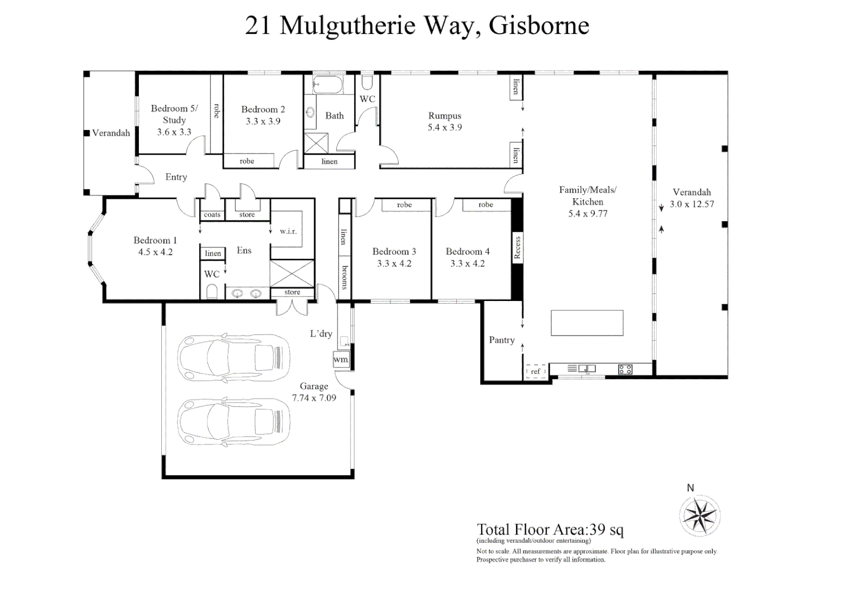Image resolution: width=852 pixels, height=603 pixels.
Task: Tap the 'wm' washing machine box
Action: [341, 360]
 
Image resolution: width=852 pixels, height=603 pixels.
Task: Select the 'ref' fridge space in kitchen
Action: [536, 371]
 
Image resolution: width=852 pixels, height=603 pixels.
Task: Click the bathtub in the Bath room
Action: [328, 85]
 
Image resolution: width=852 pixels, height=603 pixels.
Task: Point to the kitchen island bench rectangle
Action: [587, 323]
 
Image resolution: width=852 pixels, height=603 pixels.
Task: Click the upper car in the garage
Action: [234, 357]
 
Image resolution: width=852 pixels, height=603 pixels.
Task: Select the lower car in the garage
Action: [234, 422]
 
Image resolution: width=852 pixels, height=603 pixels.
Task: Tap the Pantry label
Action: [502, 339]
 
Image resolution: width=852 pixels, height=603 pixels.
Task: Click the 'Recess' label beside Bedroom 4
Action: [517, 248]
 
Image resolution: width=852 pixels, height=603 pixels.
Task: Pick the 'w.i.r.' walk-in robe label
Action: [288, 231]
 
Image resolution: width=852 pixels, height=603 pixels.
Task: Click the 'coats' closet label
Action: [212, 214]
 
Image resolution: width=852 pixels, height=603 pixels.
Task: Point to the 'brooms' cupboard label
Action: [344, 277]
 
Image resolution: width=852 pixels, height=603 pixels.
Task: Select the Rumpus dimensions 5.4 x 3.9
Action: [445, 127]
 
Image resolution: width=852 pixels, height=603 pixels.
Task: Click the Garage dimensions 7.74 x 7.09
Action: [314, 398]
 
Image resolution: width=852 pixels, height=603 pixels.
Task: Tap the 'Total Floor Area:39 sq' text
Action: [550, 529]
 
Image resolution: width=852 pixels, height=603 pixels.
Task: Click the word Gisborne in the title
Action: [538, 26]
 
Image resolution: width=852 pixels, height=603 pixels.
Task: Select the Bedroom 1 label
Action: [155, 240]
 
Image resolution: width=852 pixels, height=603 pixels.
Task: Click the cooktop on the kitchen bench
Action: [625, 369]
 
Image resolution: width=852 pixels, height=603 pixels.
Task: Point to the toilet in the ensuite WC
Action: [212, 292]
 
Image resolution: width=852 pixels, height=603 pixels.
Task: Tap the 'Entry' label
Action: [176, 177]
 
